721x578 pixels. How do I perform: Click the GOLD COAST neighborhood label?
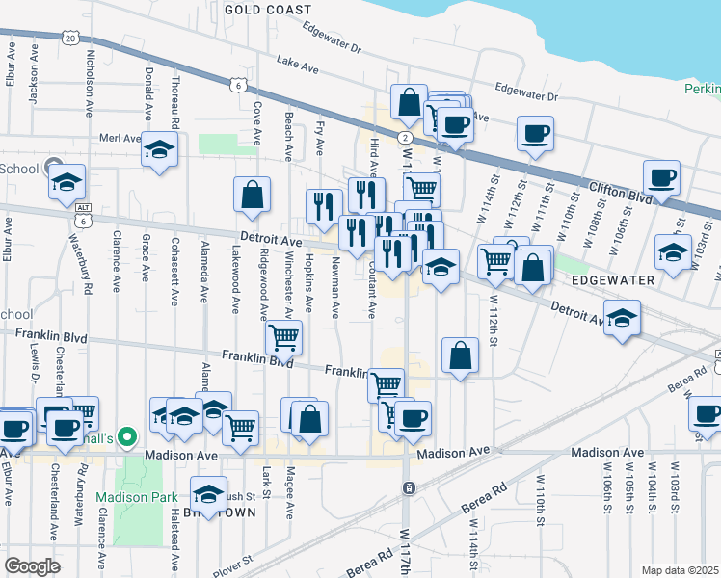point(268,9)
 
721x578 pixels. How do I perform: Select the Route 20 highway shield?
point(70,37)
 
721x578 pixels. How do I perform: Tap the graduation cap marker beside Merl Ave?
point(159,149)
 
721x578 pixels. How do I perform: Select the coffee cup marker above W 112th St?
point(534,133)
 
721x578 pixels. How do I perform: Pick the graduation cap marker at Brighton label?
point(208,494)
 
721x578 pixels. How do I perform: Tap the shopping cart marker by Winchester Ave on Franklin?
point(284,336)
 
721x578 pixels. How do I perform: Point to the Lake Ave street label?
point(297,65)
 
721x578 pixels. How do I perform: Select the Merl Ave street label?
point(120,139)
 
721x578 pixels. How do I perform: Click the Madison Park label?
point(136,498)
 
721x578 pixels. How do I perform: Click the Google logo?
point(32,566)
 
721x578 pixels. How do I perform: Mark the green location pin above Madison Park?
point(123,436)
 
